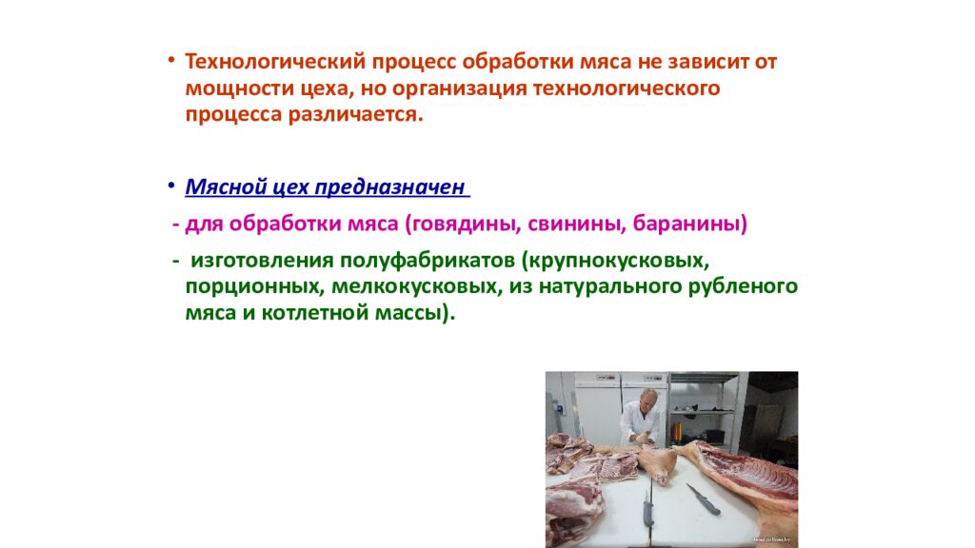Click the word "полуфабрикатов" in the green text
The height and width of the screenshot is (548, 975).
(x=421, y=260)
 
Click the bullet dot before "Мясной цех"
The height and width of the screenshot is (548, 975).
(x=170, y=184)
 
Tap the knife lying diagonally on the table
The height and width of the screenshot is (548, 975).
(x=704, y=499)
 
